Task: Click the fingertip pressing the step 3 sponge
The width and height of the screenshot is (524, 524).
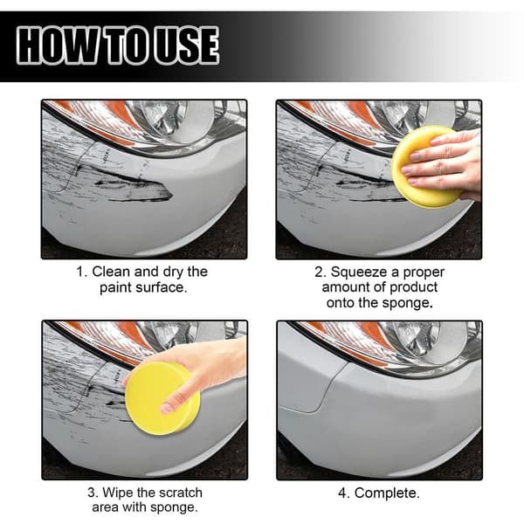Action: [166, 408]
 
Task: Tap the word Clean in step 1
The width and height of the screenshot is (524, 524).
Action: [112, 272]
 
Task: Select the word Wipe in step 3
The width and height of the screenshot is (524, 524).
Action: [118, 493]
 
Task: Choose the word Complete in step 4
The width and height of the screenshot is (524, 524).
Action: [386, 493]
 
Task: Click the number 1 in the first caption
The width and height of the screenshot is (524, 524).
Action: [80, 272]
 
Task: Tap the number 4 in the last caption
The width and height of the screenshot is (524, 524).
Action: [343, 493]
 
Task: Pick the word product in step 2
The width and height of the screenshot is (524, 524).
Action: [413, 287]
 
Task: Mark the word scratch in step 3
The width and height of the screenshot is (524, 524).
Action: [181, 493]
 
